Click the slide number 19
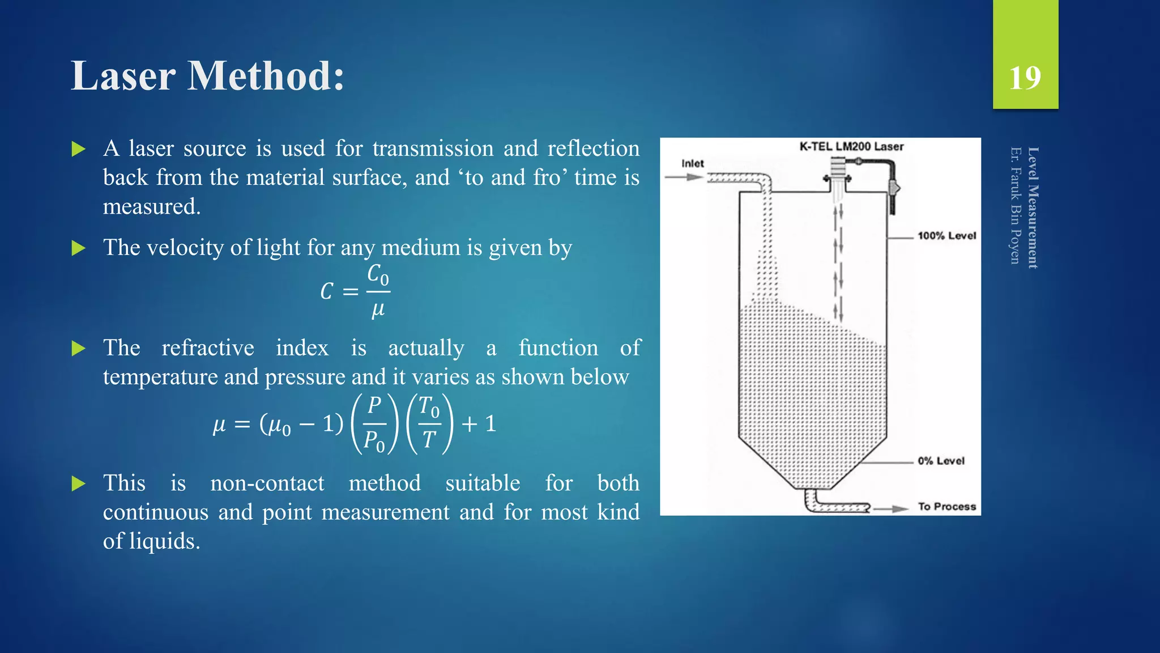[1025, 78]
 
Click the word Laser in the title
[123, 76]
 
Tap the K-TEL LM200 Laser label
[851, 146]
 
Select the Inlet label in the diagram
[692, 163]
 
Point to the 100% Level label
[946, 236]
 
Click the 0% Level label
[941, 461]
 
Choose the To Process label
[947, 507]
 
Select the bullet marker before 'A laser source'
[79, 150]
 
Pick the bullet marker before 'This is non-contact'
[79, 484]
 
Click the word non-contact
[267, 484]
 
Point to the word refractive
[208, 348]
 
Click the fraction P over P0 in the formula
[374, 423]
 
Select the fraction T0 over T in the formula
[429, 423]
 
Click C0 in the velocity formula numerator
[378, 274]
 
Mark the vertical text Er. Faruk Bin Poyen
[1016, 205]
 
